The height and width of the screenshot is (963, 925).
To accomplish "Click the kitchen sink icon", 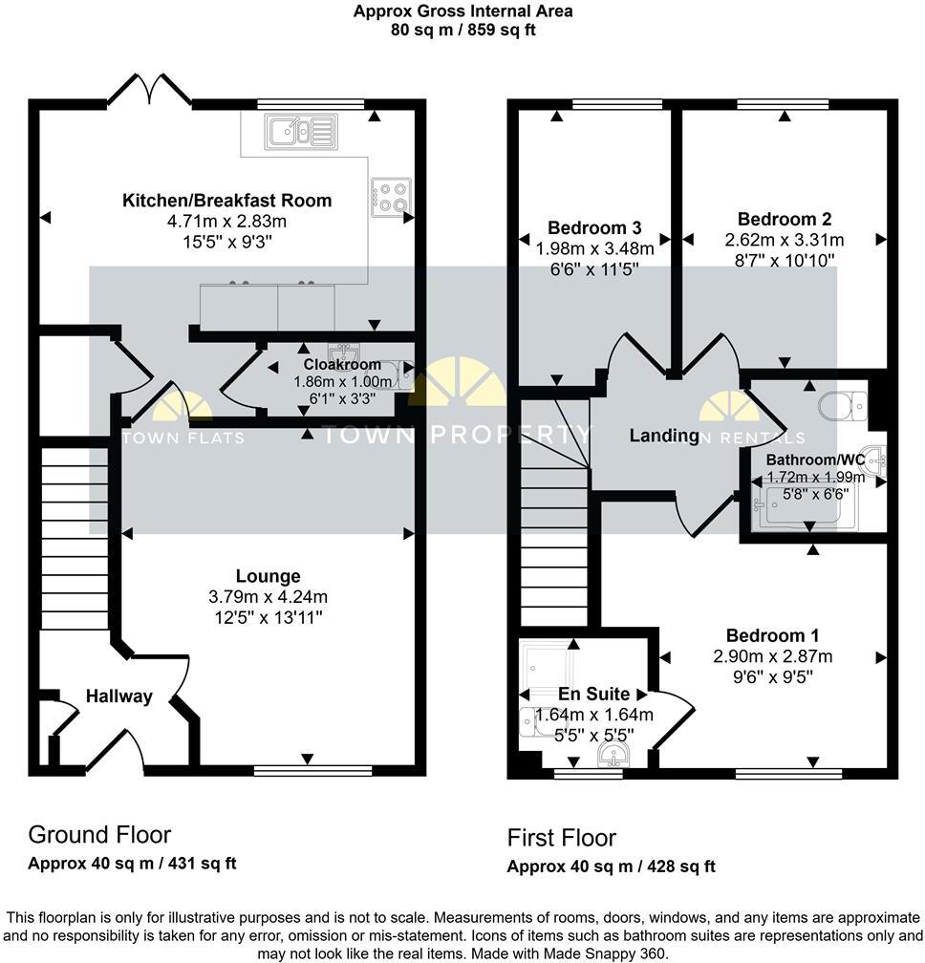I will (302, 130).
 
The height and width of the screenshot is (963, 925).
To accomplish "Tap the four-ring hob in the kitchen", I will (392, 198).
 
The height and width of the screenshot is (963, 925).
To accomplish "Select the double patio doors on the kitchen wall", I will (148, 91).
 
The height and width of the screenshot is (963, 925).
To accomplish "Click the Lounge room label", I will (269, 576).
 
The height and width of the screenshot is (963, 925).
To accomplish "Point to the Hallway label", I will (119, 696).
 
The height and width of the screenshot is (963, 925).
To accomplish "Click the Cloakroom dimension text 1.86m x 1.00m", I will (341, 381).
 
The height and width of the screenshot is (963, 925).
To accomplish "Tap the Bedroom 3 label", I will (594, 227).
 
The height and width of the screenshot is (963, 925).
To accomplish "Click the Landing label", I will (664, 436).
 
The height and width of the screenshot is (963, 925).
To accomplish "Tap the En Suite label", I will (593, 695).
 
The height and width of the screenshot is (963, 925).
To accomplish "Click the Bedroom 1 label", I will (772, 635).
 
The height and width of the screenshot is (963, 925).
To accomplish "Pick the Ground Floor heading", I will (99, 834).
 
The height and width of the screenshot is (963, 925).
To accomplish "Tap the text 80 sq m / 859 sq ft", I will (462, 30).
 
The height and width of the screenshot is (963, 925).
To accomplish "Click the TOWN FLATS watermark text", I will (183, 438).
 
